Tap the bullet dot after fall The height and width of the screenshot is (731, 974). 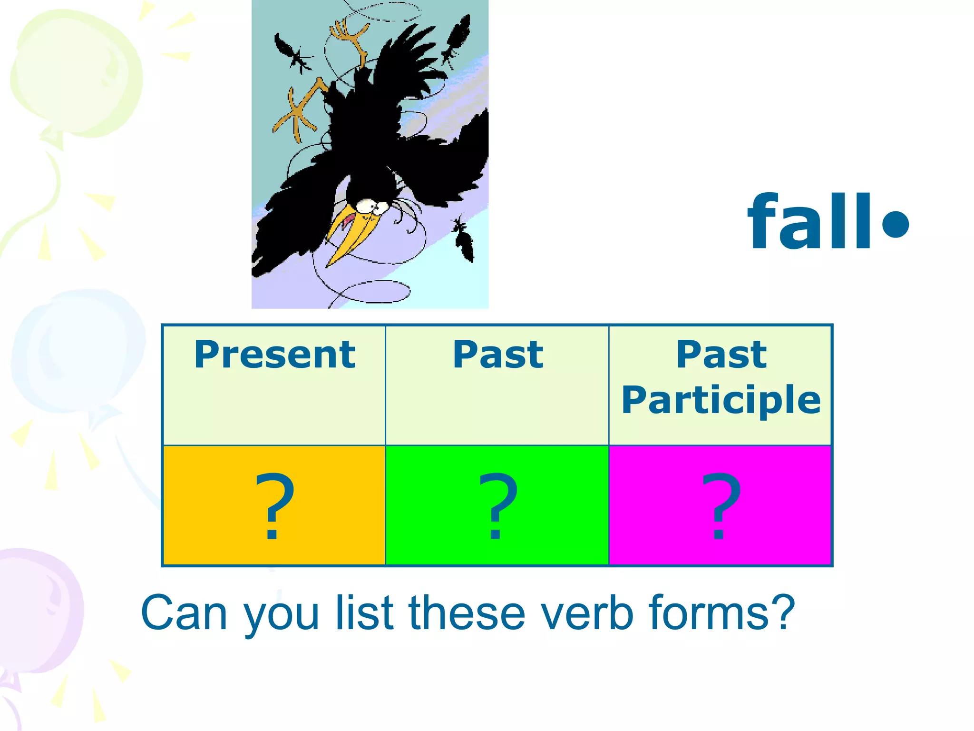click(x=896, y=223)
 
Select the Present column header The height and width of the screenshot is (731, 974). click(x=274, y=355)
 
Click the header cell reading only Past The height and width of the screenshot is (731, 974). click(x=497, y=355)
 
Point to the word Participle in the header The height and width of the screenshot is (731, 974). click(x=721, y=400)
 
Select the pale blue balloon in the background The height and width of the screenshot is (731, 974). click(x=76, y=352)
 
